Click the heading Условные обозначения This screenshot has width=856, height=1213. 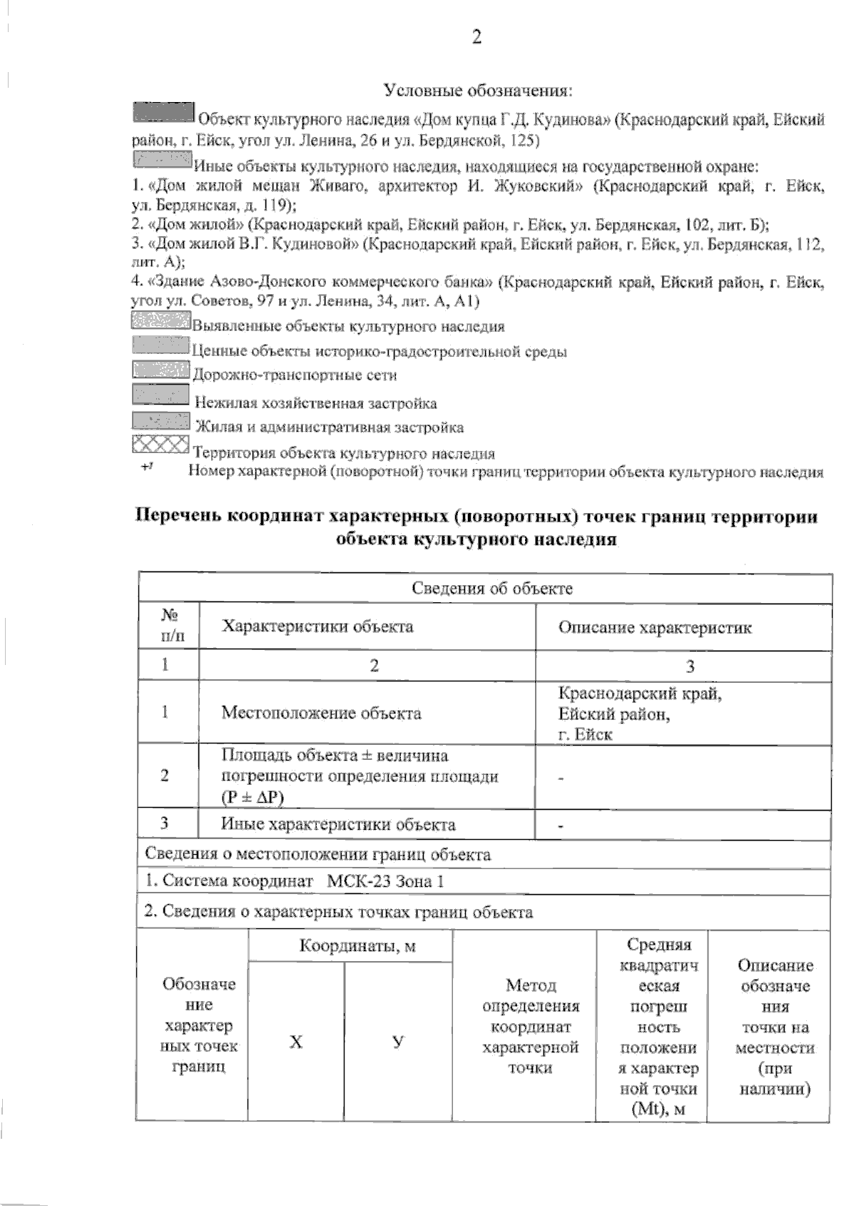coord(479,91)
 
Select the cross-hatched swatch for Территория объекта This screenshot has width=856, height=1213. coord(160,445)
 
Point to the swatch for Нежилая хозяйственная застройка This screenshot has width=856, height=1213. coord(160,394)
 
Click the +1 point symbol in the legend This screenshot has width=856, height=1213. coord(148,467)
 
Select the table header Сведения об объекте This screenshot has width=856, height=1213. coord(492,589)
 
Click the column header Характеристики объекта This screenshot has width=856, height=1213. coord(317,626)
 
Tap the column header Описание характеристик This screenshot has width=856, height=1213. coord(654,628)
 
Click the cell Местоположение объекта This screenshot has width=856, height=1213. coord(321,713)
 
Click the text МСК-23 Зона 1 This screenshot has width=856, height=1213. coord(385,881)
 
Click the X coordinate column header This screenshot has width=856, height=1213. coord(296,1042)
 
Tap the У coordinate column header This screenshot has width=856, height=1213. coord(398,1042)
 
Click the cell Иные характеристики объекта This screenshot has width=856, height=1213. coord(338,825)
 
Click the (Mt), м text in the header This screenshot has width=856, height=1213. coord(654,1110)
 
